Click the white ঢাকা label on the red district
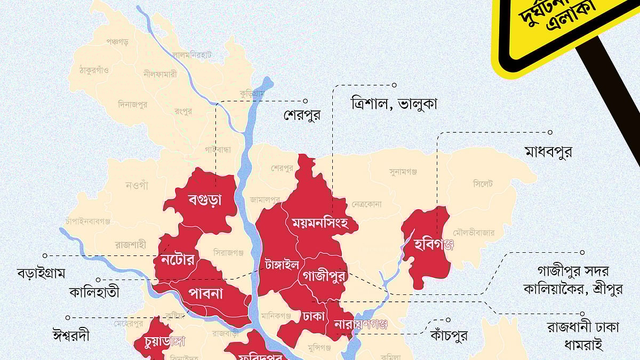[313, 316]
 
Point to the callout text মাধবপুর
[548, 152]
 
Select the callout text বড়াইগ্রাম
[41, 274]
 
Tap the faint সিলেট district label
[483, 184]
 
